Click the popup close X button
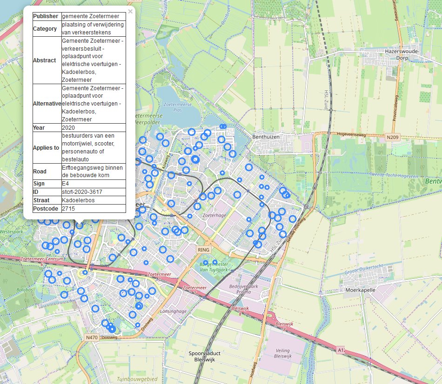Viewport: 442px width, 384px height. pos(130,12)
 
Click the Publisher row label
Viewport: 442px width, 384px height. pos(46,16)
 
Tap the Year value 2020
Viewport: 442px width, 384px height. pos(68,127)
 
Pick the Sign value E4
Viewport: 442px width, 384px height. pos(66,184)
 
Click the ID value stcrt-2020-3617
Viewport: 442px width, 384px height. pos(82,192)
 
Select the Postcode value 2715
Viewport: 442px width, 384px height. pos(68,209)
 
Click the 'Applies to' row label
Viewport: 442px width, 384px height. pos(46,148)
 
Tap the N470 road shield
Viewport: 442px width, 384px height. pos(91,337)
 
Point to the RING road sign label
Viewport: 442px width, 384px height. pos(204,250)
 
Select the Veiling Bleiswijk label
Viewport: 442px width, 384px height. pos(282,353)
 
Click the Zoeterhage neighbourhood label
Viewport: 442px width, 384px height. pos(214,216)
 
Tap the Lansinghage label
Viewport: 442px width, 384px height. pos(174,311)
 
